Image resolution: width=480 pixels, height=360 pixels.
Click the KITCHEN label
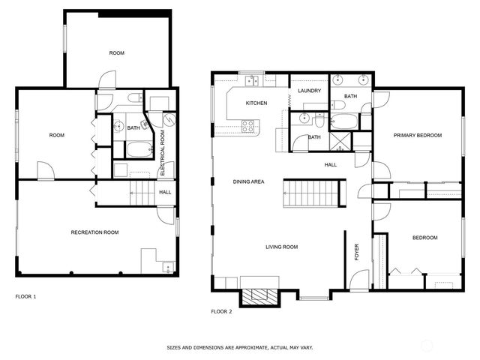pos(256,103)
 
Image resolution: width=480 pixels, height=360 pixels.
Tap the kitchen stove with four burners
pos(247,127)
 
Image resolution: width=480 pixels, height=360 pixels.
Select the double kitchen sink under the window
pos(250,80)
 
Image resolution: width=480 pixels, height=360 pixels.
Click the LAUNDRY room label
pos(309,91)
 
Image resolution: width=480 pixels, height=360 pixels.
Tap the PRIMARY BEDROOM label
pos(418,136)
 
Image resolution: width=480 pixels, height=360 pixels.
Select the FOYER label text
pos(357,253)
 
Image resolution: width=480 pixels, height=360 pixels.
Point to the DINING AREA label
pos(247,181)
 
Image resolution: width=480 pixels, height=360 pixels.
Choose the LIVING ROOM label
pos(282,247)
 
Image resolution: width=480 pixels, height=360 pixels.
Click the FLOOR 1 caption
pos(26,296)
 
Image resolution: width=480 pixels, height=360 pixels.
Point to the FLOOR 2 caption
pos(221,311)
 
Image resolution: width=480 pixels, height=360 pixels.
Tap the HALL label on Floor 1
pos(164,192)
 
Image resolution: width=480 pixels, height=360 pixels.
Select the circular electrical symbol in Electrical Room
pos(169,120)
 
